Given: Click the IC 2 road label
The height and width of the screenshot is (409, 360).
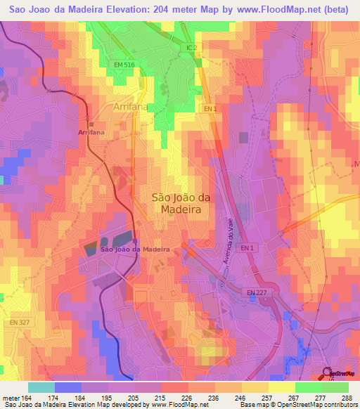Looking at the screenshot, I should [193, 48].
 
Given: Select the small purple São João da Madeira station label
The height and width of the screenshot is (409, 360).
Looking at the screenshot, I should [135, 249].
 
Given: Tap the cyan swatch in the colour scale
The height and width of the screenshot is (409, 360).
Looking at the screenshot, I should [41, 387].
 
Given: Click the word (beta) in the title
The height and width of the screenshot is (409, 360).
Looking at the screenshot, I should [337, 9].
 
